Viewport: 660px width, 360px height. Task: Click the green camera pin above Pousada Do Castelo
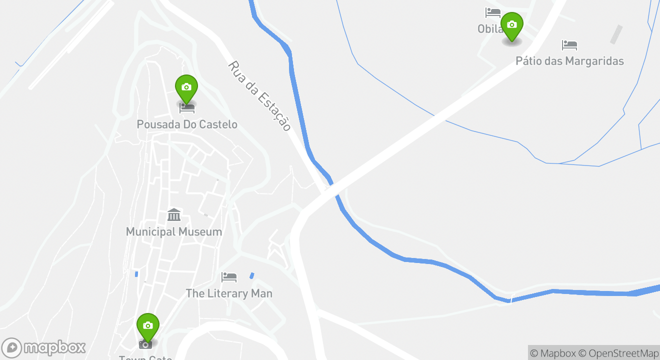click(x=186, y=88)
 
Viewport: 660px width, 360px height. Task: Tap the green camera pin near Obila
click(x=511, y=25)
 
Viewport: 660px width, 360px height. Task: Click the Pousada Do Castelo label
click(x=187, y=124)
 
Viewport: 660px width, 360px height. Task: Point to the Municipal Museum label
click(x=174, y=232)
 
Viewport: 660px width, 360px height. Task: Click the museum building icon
click(x=174, y=215)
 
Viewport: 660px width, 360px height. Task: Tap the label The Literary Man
click(x=229, y=293)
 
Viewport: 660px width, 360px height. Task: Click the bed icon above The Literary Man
click(x=229, y=276)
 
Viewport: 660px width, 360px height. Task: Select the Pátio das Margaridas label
click(x=569, y=61)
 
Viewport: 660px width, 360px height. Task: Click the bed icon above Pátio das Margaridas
click(x=569, y=45)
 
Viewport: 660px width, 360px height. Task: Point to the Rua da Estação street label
click(x=260, y=96)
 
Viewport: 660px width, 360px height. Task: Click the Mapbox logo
click(x=44, y=347)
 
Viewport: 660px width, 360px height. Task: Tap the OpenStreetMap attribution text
click(x=623, y=353)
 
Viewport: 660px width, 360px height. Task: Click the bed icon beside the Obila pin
click(x=492, y=12)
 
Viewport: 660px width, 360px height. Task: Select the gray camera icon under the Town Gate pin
click(x=145, y=344)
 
